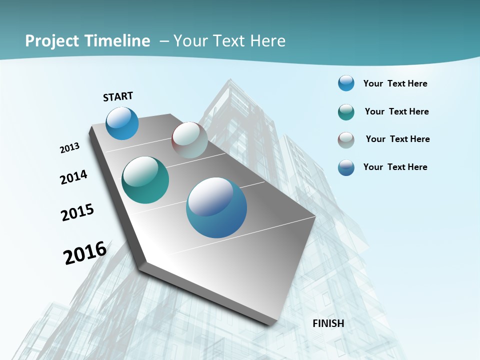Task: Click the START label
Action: pos(118,96)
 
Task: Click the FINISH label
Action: pos(328,323)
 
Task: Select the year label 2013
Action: pos(69,148)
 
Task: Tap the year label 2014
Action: pos(73,177)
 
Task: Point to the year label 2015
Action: pos(77,212)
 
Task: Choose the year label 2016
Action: pos(85,252)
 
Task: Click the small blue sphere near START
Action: pos(122,123)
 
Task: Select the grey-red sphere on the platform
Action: pos(189,140)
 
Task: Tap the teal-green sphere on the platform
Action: pos(145,180)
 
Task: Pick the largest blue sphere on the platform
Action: pos(216,207)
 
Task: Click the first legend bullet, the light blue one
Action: pos(346,83)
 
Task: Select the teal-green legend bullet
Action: pos(346,112)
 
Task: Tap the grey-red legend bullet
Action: pos(346,139)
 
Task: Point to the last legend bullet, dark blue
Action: pos(346,167)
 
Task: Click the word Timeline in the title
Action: pos(117,41)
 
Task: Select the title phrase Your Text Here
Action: pos(229,41)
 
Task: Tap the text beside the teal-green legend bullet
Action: pos(396,111)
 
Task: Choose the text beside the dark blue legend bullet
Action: pos(395,167)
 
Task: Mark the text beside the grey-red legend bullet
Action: pos(397,139)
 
